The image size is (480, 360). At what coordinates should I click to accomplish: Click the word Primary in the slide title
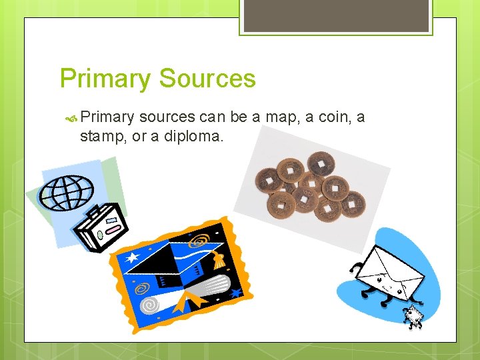coord(105,79)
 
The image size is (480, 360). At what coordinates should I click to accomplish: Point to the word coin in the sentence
coord(333,118)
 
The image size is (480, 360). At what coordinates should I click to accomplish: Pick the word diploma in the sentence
coord(196,137)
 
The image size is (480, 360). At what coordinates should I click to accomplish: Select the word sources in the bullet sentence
coord(167,118)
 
